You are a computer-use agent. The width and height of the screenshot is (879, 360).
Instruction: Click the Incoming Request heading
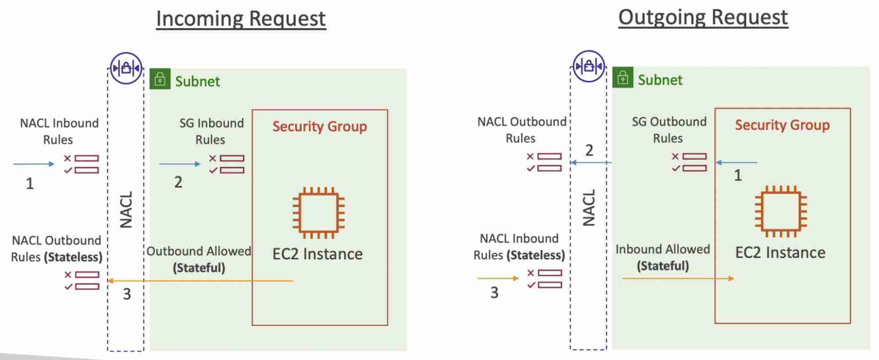click(x=241, y=19)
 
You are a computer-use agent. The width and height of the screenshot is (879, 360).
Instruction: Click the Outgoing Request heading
click(x=703, y=18)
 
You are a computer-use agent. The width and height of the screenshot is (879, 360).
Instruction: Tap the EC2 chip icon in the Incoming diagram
click(x=319, y=213)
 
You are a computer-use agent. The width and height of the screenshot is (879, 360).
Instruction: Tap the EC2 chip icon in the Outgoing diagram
click(x=781, y=211)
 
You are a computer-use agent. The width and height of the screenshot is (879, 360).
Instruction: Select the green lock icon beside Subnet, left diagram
click(x=160, y=79)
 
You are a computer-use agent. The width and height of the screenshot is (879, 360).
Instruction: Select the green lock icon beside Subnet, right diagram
click(x=623, y=78)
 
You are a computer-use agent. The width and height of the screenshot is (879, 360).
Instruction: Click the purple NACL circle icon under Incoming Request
click(x=126, y=68)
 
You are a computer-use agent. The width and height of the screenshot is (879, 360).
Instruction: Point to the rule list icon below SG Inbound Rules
click(x=227, y=164)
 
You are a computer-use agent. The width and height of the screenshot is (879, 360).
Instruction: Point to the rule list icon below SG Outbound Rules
click(x=689, y=163)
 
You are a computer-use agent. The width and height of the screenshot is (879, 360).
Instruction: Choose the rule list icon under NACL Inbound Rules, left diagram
click(x=81, y=164)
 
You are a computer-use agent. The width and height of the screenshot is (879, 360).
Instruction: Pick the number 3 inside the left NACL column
click(x=127, y=294)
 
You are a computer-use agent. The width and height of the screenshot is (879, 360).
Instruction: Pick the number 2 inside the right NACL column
click(x=589, y=150)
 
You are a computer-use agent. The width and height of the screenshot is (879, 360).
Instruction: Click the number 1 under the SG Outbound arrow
click(x=738, y=175)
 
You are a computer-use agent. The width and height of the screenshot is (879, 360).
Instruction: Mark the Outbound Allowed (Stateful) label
click(x=199, y=259)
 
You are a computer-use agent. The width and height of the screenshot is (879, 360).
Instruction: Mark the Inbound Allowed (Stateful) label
click(x=662, y=257)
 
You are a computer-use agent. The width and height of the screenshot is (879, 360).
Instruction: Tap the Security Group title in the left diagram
click(x=320, y=126)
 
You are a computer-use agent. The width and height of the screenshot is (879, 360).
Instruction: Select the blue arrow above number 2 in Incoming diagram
click(x=179, y=164)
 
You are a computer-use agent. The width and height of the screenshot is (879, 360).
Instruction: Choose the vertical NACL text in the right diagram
click(x=589, y=208)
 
